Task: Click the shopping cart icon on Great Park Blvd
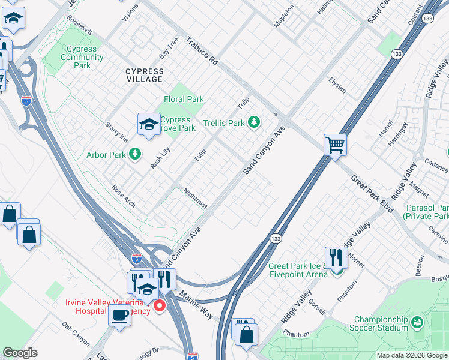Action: tap(335, 144)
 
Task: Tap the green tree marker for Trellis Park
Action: tap(254, 123)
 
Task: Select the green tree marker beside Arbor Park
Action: tap(135, 155)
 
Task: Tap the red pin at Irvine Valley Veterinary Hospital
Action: tap(160, 307)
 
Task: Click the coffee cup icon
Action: tap(119, 315)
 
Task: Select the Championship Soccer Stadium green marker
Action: tap(417, 323)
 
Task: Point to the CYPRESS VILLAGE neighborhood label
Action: tap(144, 75)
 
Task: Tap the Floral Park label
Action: tap(184, 99)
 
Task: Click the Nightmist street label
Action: tap(195, 197)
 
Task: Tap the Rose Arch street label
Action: tap(124, 196)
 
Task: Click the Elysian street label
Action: tap(337, 85)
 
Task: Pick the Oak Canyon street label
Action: tap(76, 334)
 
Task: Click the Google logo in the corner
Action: tap(20, 353)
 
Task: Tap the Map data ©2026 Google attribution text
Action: tap(411, 355)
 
